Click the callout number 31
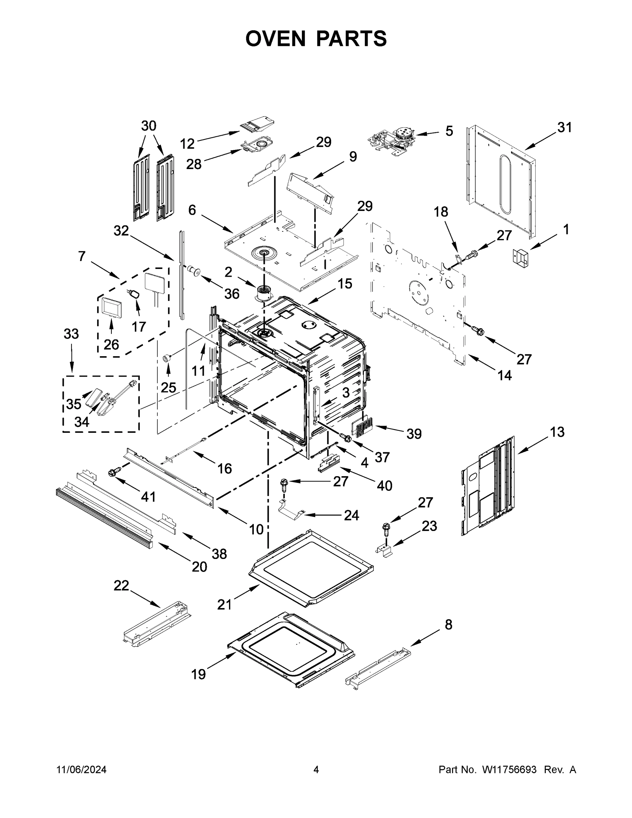pos(564,128)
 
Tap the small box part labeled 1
pos(521,258)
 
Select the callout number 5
pos(449,131)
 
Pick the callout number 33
pos(71,334)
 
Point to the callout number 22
pos(121,586)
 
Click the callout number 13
pos(557,432)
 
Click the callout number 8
pos(448,625)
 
